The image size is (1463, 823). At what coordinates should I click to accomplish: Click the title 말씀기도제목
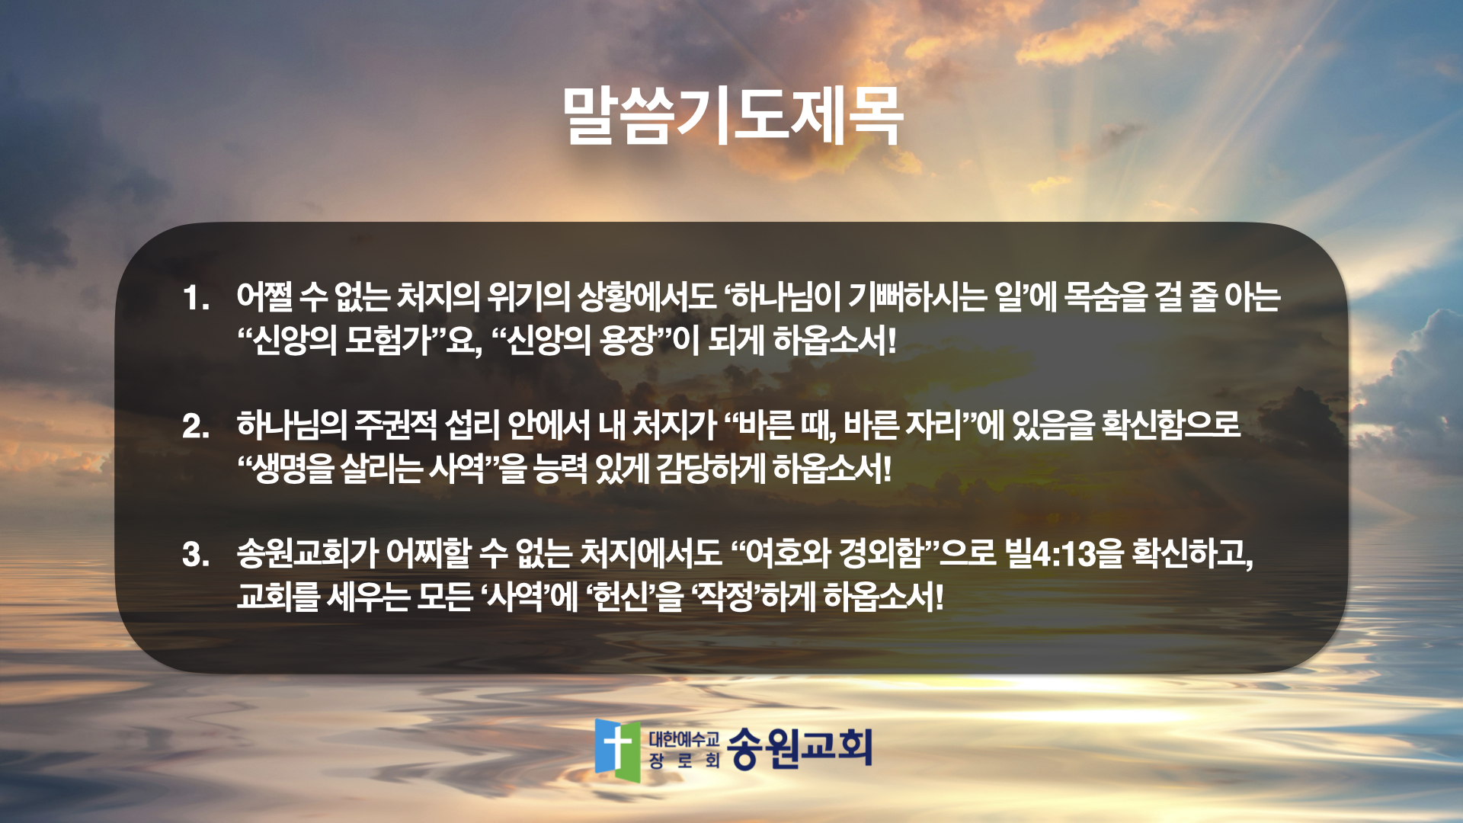[732, 116]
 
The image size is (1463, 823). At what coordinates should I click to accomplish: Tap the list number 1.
[195, 298]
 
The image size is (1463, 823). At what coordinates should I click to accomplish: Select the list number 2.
[195, 426]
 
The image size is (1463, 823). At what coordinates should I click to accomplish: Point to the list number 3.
[195, 554]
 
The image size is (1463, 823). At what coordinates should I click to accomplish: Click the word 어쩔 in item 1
[264, 296]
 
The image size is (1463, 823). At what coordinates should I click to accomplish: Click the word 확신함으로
[1171, 424]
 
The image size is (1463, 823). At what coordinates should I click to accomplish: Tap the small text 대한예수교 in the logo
[683, 738]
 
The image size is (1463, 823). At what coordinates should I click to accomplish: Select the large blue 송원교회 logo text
[799, 748]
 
